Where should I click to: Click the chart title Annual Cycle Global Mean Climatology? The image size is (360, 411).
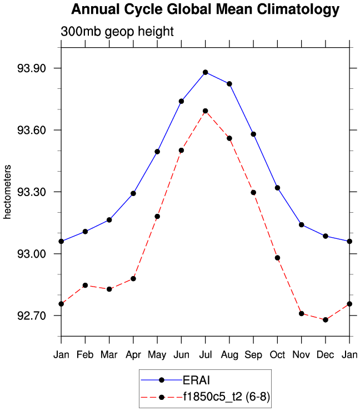pos(205,9)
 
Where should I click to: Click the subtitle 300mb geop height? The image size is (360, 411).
pos(117,32)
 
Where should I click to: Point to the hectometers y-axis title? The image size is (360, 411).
pos(7,192)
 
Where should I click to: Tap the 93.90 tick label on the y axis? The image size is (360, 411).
pos(32,68)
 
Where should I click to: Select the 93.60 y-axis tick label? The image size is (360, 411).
pos(32,130)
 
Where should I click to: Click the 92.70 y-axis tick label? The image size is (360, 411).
pos(32,315)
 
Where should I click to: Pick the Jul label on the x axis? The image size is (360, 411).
pos(205,354)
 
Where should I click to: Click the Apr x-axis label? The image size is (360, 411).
pos(133,354)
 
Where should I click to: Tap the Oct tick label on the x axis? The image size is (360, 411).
pos(277,354)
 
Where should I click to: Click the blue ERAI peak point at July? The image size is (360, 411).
pos(206,72)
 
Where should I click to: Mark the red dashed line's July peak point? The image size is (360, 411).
pos(206,111)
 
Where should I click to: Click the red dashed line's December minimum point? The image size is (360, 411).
pos(326,320)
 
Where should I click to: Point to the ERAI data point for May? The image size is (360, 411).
pos(157,152)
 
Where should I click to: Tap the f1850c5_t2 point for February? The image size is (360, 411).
pos(85,285)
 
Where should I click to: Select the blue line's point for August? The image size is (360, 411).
pos(229,83)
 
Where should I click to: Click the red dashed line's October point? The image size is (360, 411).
pos(277,258)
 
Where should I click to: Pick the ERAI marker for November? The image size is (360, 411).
pos(301,224)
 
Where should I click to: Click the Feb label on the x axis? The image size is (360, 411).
pos(85,354)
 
